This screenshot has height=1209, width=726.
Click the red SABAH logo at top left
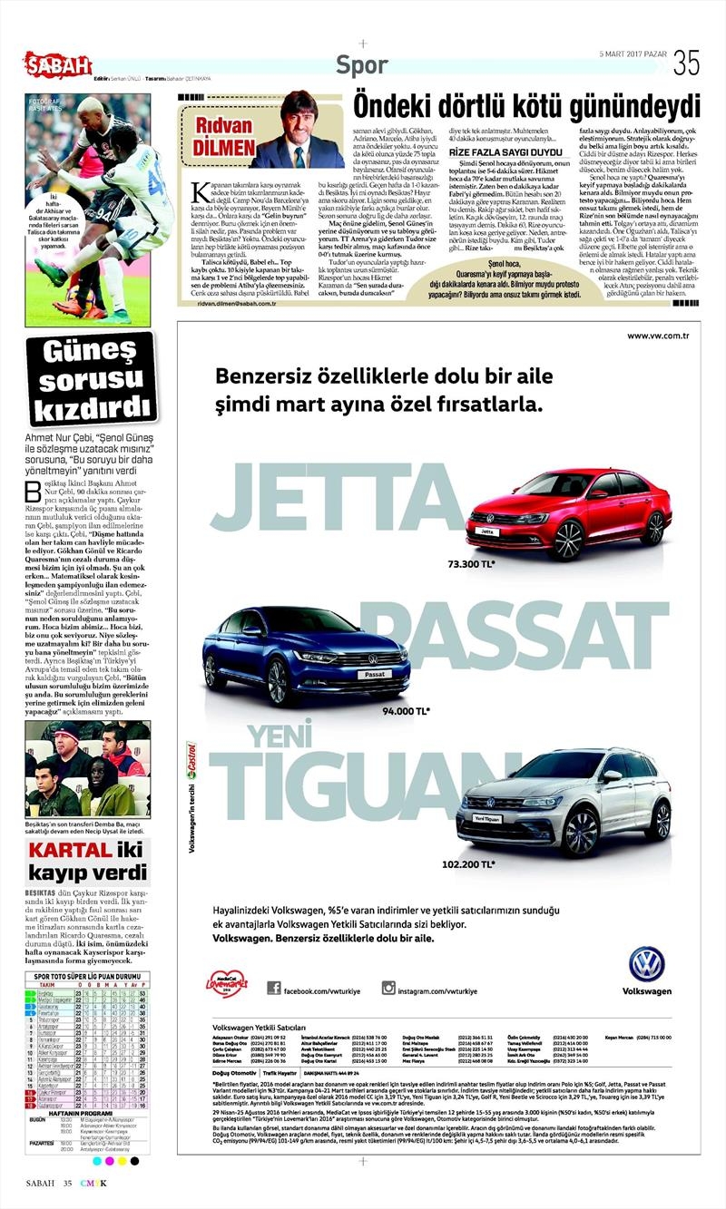pyautogui.click(x=57, y=64)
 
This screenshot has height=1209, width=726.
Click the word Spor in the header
pyautogui.click(x=361, y=65)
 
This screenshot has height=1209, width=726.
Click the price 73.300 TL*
pyautogui.click(x=472, y=564)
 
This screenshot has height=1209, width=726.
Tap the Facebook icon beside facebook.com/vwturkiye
pyautogui.click(x=272, y=988)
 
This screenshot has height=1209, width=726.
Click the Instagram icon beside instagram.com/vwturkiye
pyautogui.click(x=388, y=988)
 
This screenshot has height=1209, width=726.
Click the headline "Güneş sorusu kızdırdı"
pyautogui.click(x=90, y=378)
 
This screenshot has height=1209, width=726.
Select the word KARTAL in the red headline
pyautogui.click(x=67, y=850)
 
